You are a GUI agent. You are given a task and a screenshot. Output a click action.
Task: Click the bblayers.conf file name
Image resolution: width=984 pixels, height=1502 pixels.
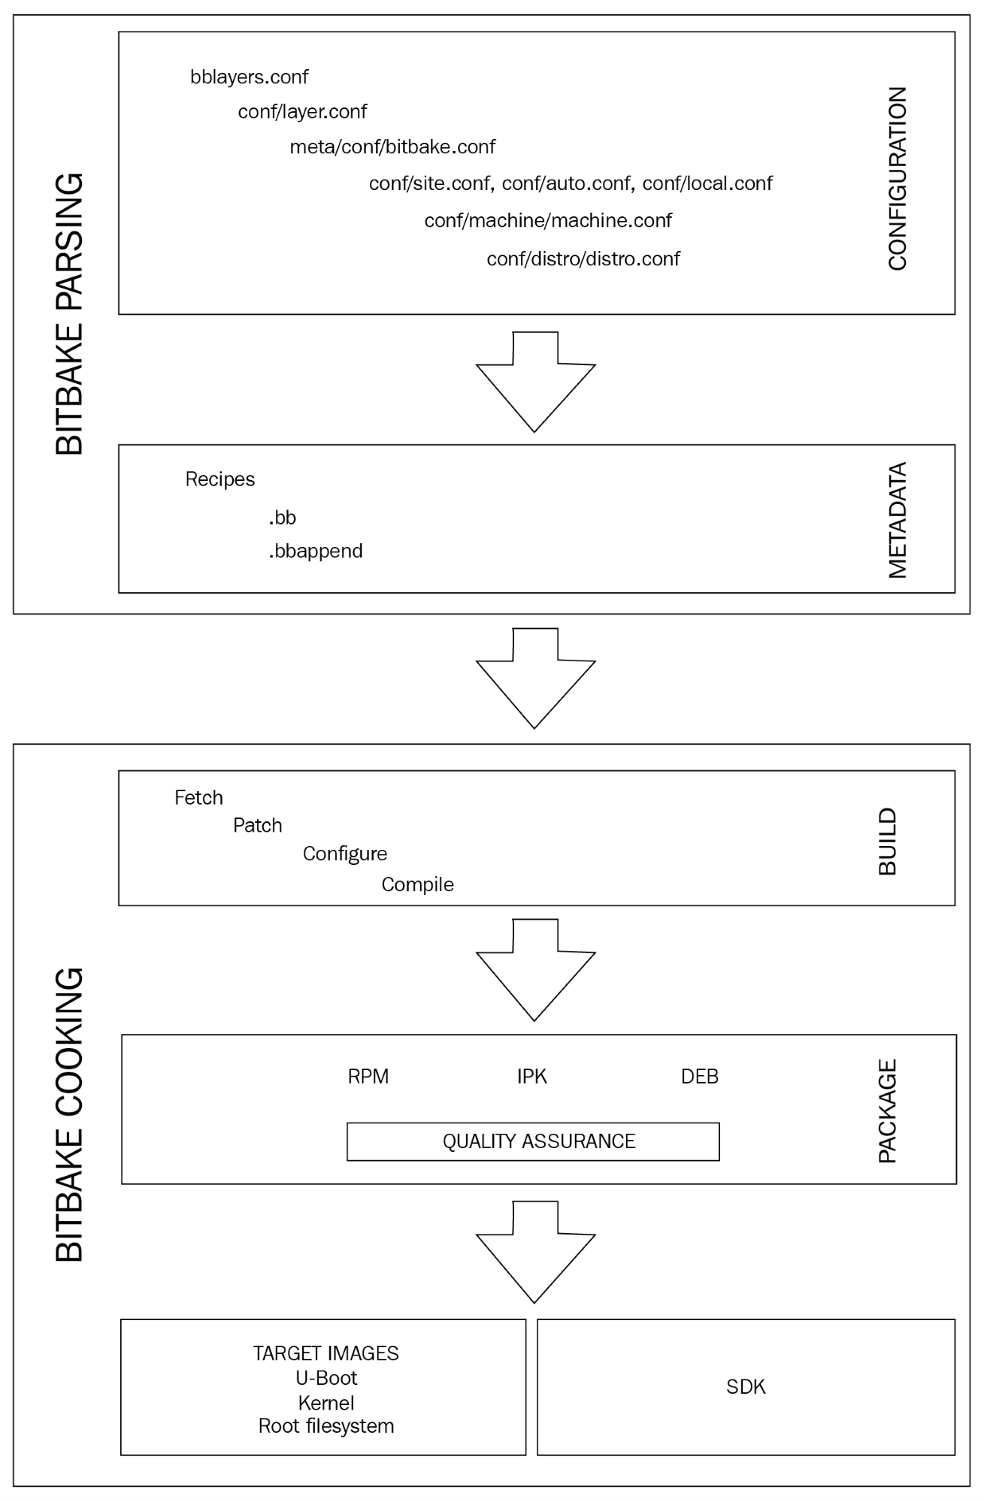pos(249,77)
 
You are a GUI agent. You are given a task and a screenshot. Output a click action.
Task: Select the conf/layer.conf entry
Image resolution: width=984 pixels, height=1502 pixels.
pos(302,112)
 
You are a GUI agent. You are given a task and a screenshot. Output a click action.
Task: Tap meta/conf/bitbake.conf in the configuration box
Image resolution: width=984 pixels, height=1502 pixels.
pos(392,147)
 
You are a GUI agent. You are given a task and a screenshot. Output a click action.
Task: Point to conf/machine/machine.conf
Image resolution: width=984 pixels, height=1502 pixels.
pos(548,220)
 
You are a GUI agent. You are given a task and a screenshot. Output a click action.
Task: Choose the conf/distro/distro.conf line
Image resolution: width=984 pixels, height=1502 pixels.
pos(583,258)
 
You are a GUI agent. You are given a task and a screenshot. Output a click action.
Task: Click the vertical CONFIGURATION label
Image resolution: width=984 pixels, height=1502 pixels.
pos(898,179)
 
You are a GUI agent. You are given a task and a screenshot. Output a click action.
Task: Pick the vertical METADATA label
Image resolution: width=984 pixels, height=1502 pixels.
pos(898,520)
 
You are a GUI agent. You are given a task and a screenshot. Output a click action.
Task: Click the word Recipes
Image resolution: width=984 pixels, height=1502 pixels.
pos(220,479)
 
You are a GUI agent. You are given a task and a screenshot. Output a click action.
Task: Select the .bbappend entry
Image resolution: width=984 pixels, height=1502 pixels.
pos(316,552)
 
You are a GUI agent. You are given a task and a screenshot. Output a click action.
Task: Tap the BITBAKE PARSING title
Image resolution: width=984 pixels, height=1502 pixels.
pos(70,315)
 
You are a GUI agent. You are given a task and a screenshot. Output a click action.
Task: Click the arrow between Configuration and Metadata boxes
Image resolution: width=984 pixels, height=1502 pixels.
pos(535,382)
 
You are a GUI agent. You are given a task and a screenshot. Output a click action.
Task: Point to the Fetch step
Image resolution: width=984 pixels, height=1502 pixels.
pos(198,798)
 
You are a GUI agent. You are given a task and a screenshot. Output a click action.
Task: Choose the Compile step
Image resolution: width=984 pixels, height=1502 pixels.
pos(417,884)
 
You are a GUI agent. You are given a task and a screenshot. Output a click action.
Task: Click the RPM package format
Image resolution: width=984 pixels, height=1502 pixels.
pos(368,1077)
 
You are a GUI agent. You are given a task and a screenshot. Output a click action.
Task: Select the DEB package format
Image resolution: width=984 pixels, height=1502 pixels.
pos(700,1077)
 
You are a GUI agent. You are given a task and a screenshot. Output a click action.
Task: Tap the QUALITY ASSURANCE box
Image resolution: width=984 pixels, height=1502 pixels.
pos(533,1141)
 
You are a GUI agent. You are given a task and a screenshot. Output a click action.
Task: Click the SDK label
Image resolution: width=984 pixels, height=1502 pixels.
pos(746,1386)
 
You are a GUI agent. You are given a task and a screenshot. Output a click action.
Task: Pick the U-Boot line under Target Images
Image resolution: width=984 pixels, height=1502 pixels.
pos(326,1378)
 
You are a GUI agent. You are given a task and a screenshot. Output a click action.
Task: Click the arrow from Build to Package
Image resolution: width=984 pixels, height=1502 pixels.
pos(535,971)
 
